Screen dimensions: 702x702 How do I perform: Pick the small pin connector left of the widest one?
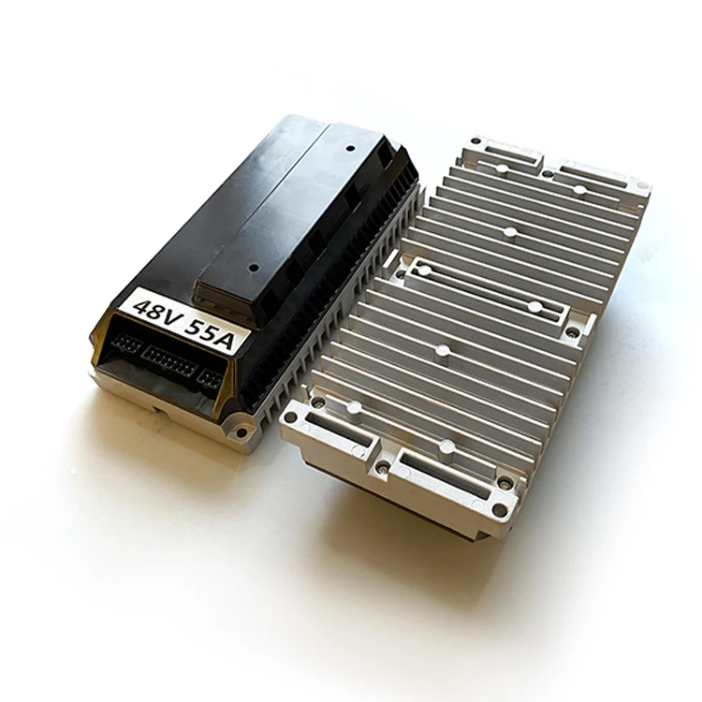124,344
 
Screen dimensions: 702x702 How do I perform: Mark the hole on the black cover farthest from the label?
350,147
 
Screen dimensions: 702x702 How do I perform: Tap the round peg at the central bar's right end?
534,306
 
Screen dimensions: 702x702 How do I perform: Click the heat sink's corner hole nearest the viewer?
499,511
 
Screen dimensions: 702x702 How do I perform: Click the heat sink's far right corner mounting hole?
642,187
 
